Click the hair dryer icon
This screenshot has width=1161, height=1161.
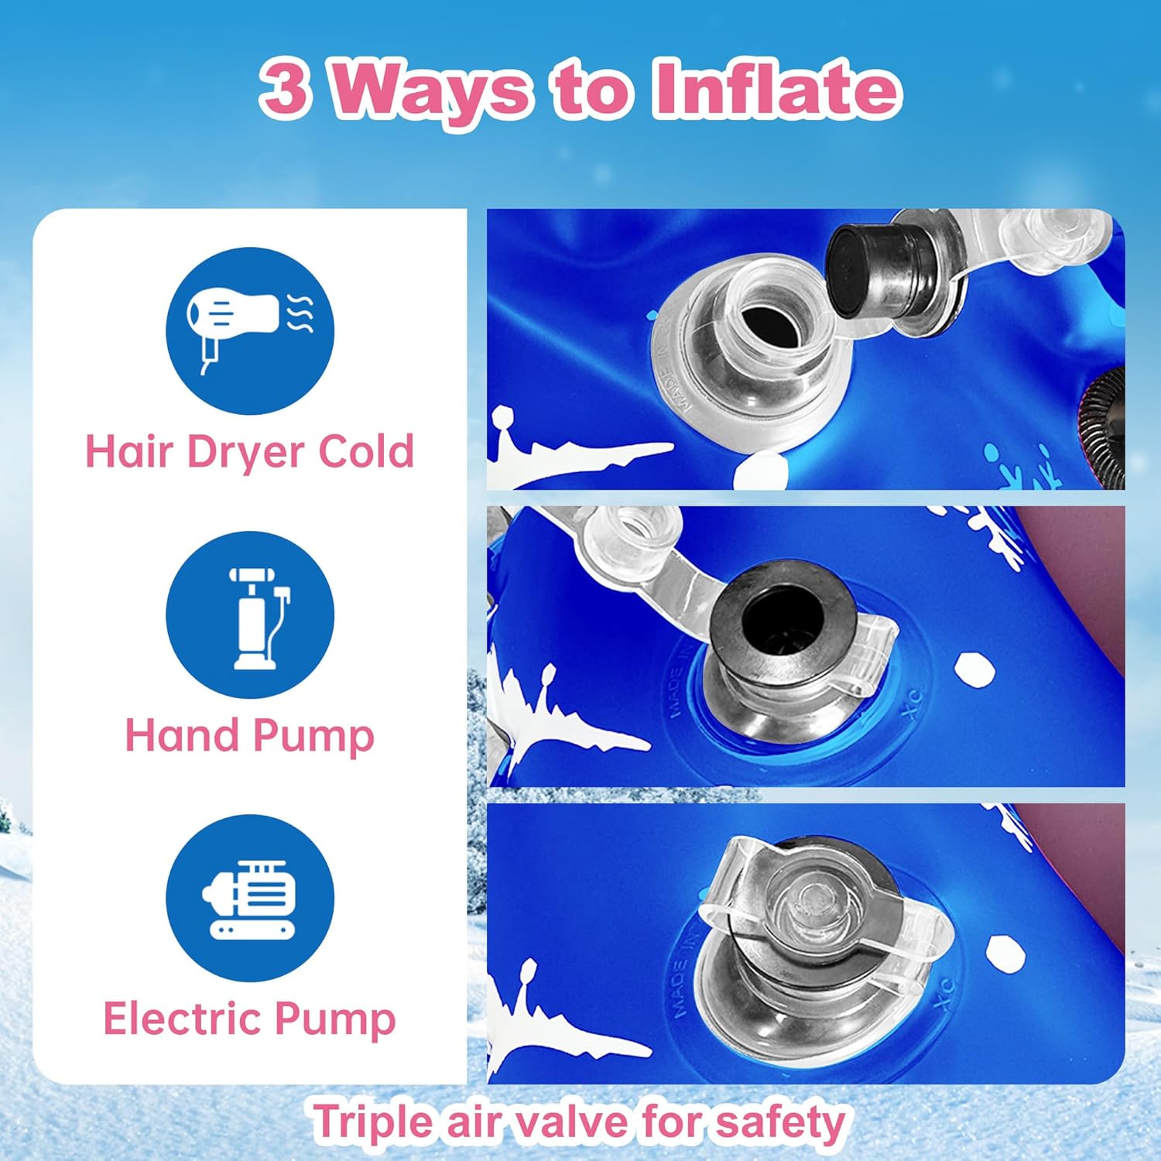coord(250,330)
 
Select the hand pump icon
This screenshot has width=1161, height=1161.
coord(250,615)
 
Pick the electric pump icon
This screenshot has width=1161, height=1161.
coord(250,899)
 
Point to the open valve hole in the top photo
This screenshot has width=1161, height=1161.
coord(765,324)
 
